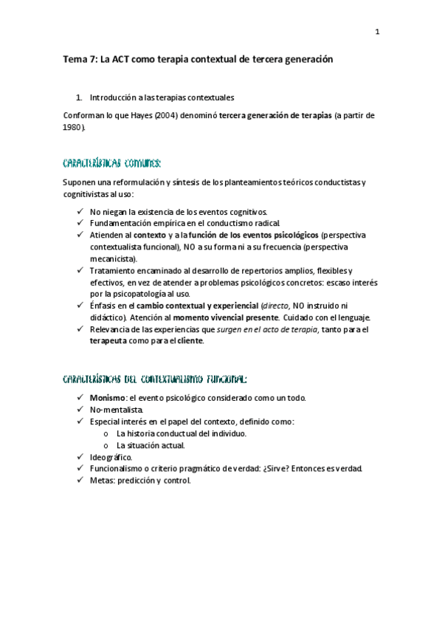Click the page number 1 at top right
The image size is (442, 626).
point(376,32)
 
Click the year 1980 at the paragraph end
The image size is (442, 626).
point(73,127)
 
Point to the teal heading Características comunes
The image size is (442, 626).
point(111,162)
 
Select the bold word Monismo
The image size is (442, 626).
point(106,398)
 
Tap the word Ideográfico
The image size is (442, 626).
point(111,457)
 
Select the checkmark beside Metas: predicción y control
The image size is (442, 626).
point(80,481)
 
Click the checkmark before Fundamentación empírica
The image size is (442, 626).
point(80,223)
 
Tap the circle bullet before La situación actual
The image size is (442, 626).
point(107,445)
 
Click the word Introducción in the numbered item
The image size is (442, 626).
point(114,97)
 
